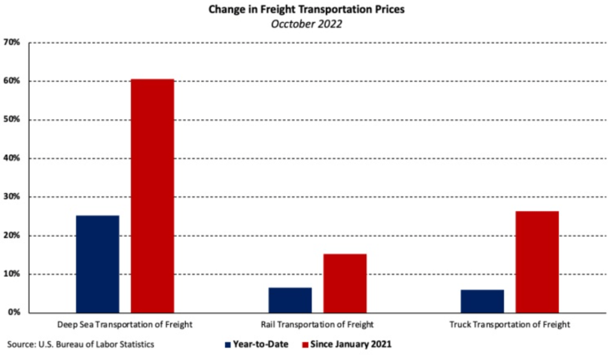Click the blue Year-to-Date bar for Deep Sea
(x=98, y=264)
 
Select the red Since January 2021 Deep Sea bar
(x=153, y=196)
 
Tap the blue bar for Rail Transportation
(x=290, y=300)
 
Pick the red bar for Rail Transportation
(x=345, y=283)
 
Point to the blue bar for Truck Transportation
(x=482, y=301)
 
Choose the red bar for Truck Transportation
(x=537, y=262)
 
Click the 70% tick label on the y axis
(x=13, y=43)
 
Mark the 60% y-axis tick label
(x=13, y=81)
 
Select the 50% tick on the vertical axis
(x=13, y=120)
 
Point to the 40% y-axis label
(x=13, y=158)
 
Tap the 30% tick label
(x=13, y=197)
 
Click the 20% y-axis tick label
(x=13, y=236)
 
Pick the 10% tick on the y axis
(x=13, y=274)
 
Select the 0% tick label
(x=15, y=313)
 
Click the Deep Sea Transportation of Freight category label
(x=125, y=325)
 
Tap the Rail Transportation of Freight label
(x=318, y=325)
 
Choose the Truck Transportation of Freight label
(x=510, y=325)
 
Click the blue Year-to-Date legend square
(x=228, y=345)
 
